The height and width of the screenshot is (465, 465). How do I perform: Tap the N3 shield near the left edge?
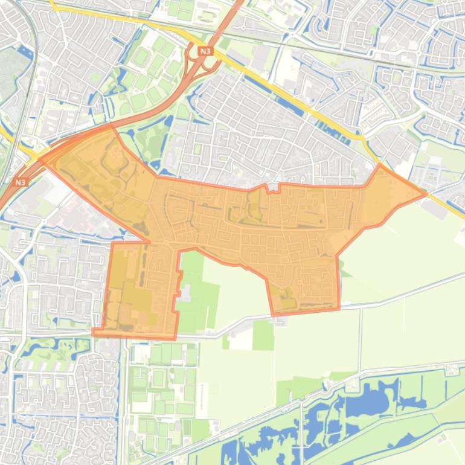pos(21,181)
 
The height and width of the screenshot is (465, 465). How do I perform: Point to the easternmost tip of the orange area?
pos(426,194)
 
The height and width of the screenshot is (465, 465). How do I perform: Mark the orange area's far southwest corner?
pos(94,332)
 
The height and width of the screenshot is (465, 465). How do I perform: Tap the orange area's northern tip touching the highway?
pos(112,126)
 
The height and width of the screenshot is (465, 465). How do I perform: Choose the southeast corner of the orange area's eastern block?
pos(338,309)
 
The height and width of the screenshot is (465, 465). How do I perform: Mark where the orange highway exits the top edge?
pos(238,2)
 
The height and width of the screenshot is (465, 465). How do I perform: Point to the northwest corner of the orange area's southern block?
pos(113,244)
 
